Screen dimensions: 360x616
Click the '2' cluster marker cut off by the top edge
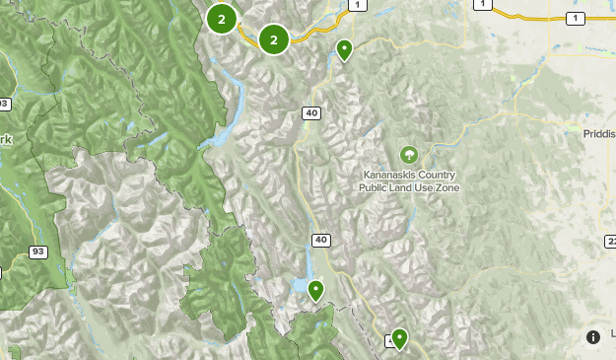pyautogui.click(x=222, y=18)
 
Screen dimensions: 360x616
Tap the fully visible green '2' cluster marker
pyautogui.click(x=273, y=39)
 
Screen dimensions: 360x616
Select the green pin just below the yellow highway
pyautogui.click(x=344, y=49)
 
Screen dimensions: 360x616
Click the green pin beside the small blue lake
pyautogui.click(x=315, y=290)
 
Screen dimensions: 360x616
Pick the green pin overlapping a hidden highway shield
pyautogui.click(x=399, y=337)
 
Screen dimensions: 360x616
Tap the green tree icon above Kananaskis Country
pyautogui.click(x=408, y=154)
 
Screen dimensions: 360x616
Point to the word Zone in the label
pyautogui.click(x=446, y=187)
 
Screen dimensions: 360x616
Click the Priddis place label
pyautogui.click(x=598, y=132)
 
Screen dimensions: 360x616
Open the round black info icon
pyautogui.click(x=592, y=336)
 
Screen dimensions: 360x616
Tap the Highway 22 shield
pyautogui.click(x=611, y=242)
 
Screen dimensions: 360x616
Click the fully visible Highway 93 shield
pyautogui.click(x=38, y=252)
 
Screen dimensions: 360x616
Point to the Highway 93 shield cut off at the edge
pyautogui.click(x=3, y=104)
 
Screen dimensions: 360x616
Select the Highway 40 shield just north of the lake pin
pyautogui.click(x=321, y=240)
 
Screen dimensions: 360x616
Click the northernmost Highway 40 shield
pyautogui.click(x=311, y=113)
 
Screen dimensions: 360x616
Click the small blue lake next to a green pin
pyautogui.click(x=301, y=285)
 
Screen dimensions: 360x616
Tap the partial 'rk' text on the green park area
pyautogui.click(x=5, y=140)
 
